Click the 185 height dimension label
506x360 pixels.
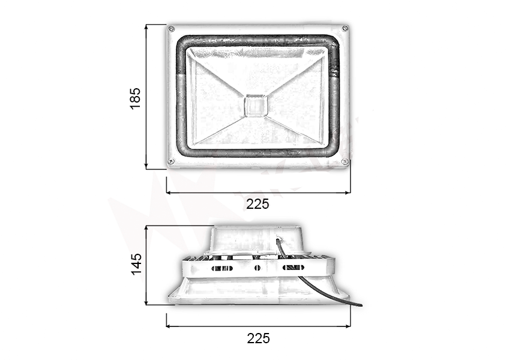[x=136, y=98]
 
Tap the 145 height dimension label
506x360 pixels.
[x=137, y=264]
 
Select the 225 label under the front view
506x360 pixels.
[x=258, y=204]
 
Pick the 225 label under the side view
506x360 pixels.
[x=258, y=338]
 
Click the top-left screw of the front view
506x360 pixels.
[x=172, y=29]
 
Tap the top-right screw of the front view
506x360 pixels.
[x=345, y=28]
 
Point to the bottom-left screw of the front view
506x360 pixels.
[x=171, y=161]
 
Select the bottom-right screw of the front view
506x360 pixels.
[x=345, y=161]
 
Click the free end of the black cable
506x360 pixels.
[x=360, y=305]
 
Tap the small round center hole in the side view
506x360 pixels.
[x=257, y=268]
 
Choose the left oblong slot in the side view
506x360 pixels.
[x=221, y=268]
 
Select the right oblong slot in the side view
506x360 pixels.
[x=293, y=268]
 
